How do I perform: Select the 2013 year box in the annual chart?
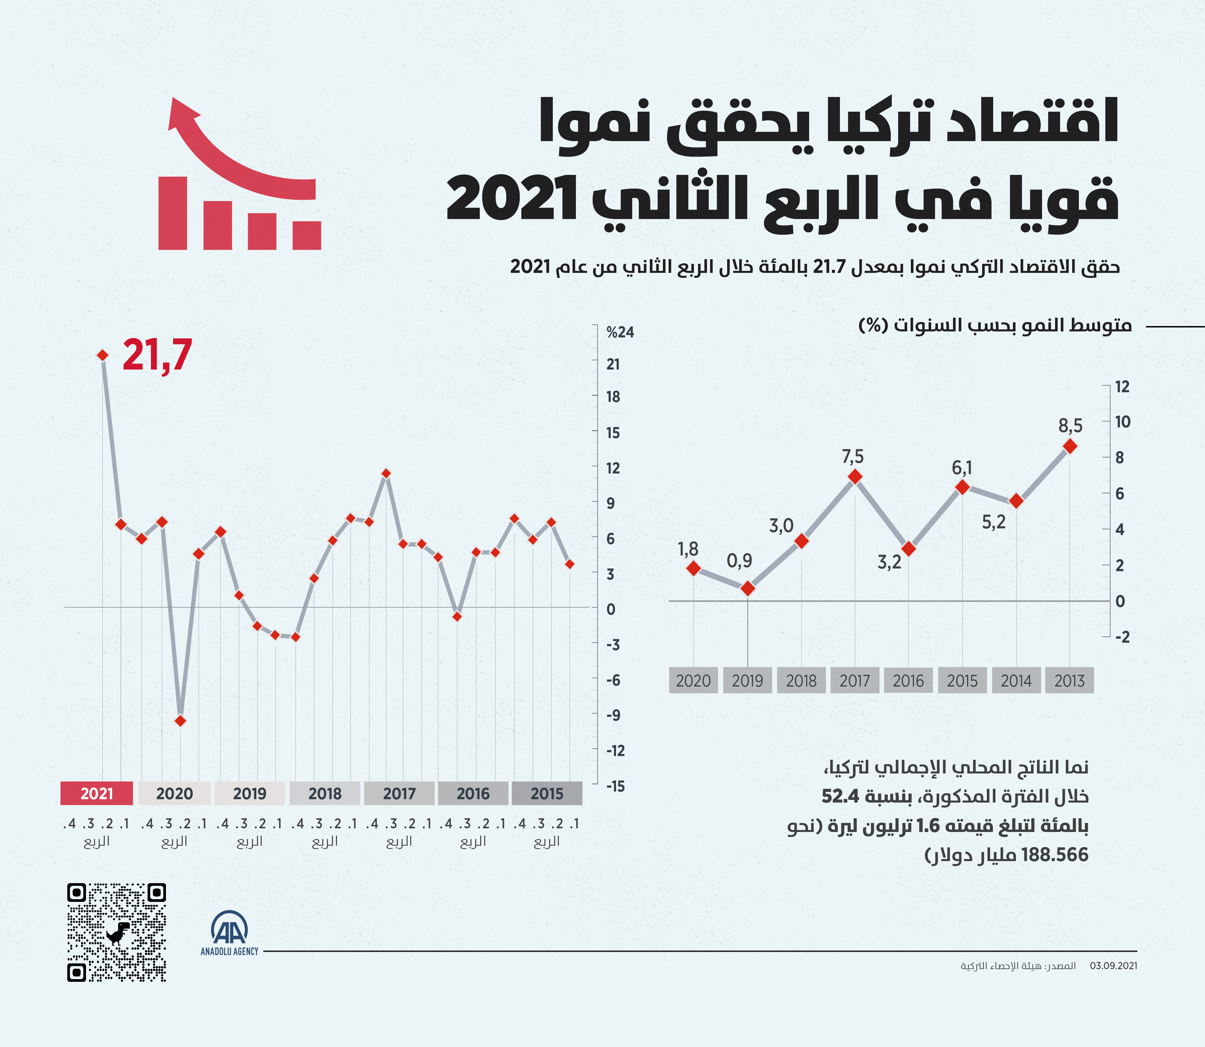(x=1069, y=680)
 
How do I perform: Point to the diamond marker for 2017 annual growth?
(x=855, y=477)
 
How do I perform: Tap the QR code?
(x=117, y=933)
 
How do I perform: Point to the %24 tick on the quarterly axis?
(x=620, y=332)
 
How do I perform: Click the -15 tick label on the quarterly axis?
(x=615, y=787)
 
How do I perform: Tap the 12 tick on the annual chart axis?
(x=1122, y=386)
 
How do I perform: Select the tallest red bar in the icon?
(x=172, y=213)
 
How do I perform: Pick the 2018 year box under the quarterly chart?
(x=325, y=794)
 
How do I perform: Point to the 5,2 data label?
(x=994, y=522)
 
